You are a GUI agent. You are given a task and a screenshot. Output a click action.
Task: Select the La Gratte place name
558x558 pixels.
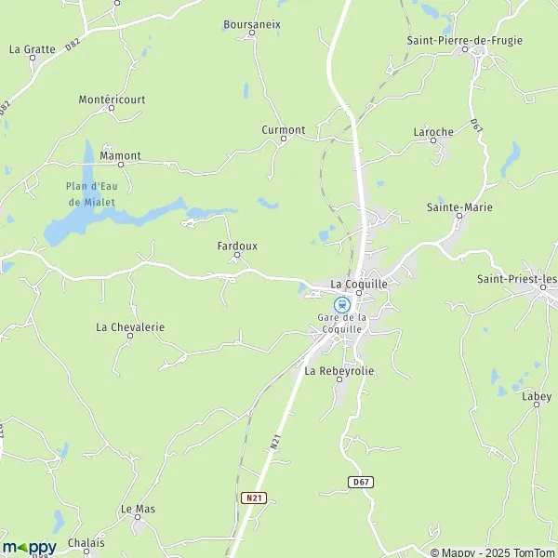33,47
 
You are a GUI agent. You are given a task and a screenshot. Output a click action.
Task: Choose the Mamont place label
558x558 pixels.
120,155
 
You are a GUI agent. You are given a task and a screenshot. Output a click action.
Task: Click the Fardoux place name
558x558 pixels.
236,246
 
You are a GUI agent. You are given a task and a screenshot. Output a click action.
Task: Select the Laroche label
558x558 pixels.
432,132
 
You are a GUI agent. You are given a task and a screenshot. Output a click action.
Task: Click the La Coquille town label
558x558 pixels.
359,284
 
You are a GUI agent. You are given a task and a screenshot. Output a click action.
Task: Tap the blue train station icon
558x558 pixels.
342,303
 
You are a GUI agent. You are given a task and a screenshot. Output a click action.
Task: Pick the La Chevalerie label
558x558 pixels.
130,326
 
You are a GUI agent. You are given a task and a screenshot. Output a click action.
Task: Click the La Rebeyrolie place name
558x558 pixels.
339,370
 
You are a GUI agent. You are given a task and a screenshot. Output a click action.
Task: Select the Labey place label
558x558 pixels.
537,396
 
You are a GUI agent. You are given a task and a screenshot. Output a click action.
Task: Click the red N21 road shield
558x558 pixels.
253,498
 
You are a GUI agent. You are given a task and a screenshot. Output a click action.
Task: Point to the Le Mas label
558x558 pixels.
138,509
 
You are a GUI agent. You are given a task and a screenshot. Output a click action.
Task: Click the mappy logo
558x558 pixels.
29,547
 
